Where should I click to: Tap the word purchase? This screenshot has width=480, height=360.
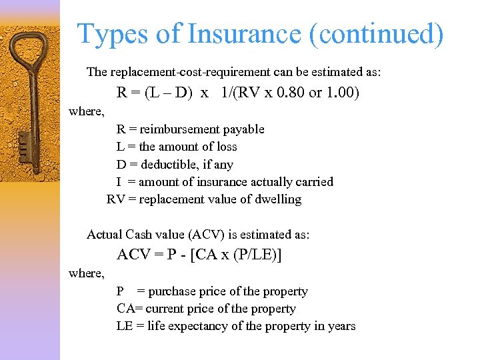(x=171, y=291)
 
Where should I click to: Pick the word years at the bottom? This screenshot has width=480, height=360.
(x=341, y=326)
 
